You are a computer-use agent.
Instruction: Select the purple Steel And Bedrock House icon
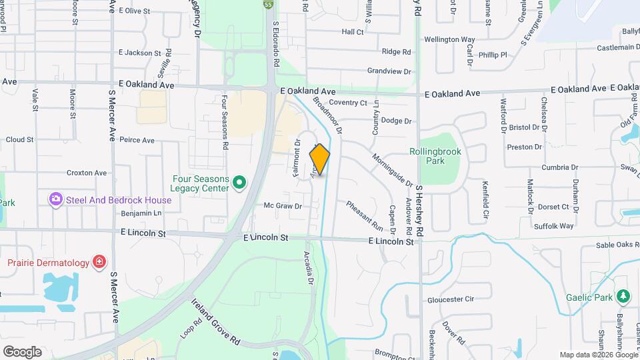pos(56,199)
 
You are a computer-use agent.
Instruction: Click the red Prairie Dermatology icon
pos(99,262)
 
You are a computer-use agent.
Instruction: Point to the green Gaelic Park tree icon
pos(623,296)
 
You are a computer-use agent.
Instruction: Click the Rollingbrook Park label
pos(435,156)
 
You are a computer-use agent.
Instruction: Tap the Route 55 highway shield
pos(268,4)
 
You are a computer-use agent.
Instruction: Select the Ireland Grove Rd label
pos(217,321)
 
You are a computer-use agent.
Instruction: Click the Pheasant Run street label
pos(364,215)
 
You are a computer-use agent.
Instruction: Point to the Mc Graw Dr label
pos(283,206)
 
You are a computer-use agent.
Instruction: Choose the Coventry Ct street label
pos(348,103)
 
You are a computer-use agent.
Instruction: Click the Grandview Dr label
pos(389,71)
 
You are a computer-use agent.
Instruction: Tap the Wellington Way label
pos(449,40)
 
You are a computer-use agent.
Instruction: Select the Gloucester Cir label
pos(450,300)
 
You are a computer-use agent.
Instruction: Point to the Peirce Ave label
pos(137,140)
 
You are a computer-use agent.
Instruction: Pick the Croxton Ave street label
pos(87,173)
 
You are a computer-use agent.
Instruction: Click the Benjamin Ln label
pos(141,213)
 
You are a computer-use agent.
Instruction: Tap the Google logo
pos(22,351)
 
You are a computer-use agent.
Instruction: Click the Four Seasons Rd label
pos(225,122)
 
